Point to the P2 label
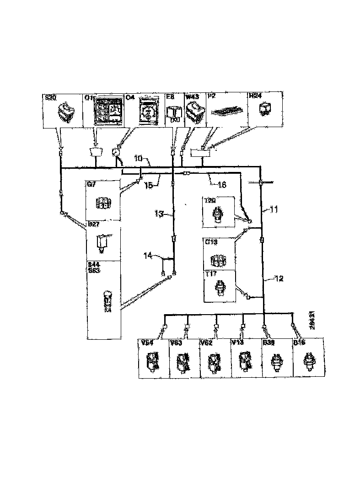coord(212,97)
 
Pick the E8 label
coord(169,97)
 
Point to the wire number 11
coord(274,210)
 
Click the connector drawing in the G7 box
coord(103,203)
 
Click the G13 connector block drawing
coord(219,260)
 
